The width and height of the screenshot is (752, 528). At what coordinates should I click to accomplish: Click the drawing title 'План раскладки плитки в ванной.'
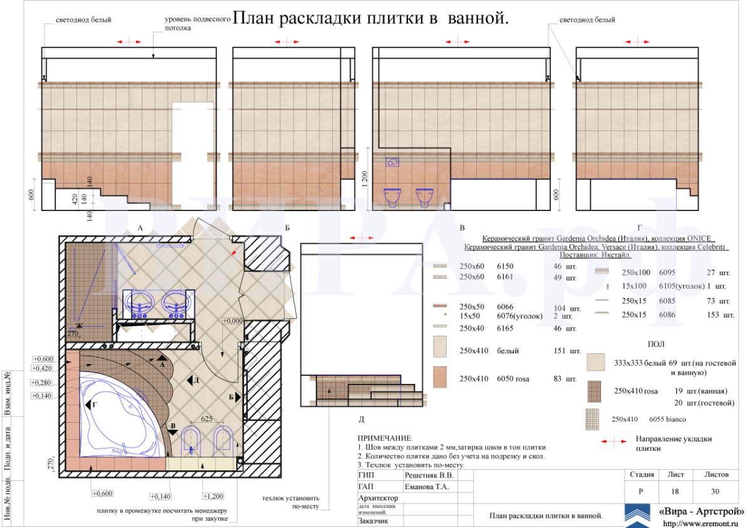pyautogui.click(x=370, y=19)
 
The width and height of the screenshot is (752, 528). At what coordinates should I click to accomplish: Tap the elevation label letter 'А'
pyautogui.click(x=141, y=229)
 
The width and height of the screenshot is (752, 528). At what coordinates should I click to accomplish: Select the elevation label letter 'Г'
pyautogui.click(x=639, y=229)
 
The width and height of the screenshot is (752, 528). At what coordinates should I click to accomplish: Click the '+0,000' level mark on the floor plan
pyautogui.click(x=232, y=321)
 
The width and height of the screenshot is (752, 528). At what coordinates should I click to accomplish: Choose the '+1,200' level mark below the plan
pyautogui.click(x=214, y=496)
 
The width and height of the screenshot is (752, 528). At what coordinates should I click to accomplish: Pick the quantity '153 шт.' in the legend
pyautogui.click(x=719, y=314)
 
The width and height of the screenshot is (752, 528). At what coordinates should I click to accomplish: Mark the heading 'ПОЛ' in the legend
pyautogui.click(x=656, y=344)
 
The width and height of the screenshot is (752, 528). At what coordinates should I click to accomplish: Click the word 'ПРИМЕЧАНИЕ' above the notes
pyautogui.click(x=385, y=438)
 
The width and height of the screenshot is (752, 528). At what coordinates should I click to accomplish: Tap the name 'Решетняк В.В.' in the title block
pyautogui.click(x=428, y=475)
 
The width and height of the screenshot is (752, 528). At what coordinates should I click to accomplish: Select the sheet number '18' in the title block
pyautogui.click(x=675, y=491)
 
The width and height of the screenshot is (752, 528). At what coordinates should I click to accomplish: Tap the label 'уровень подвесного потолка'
pyautogui.click(x=191, y=24)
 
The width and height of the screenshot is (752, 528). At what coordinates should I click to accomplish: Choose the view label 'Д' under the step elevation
pyautogui.click(x=361, y=418)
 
